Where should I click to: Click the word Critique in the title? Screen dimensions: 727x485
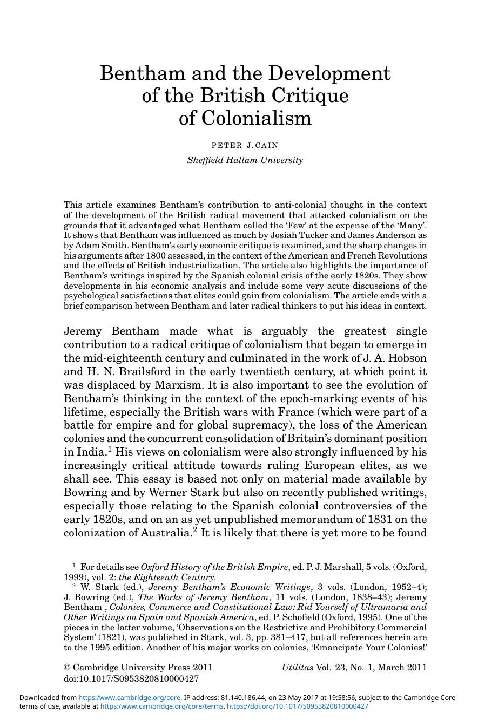[x=310, y=96]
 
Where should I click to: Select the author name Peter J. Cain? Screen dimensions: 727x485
[x=245, y=145]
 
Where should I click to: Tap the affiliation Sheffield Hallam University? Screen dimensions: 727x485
[x=245, y=160]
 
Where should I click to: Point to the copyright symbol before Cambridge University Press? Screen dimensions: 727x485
[x=67, y=668]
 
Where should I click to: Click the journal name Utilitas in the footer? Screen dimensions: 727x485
[x=297, y=668]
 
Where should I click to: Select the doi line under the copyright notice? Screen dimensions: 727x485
[x=131, y=678]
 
